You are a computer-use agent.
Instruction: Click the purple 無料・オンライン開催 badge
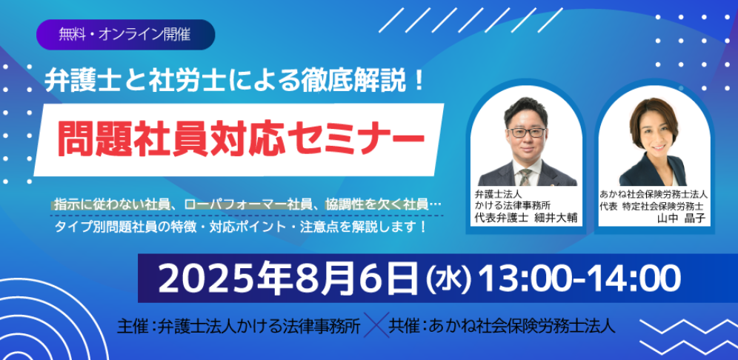(126, 35)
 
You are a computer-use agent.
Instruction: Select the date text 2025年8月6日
(288, 278)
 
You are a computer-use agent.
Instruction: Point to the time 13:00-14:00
(579, 278)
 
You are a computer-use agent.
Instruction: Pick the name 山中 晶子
(677, 219)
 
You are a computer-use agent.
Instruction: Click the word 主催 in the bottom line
(133, 325)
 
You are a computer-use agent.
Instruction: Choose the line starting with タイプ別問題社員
(241, 227)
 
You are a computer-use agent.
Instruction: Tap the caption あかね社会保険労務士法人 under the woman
(654, 193)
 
